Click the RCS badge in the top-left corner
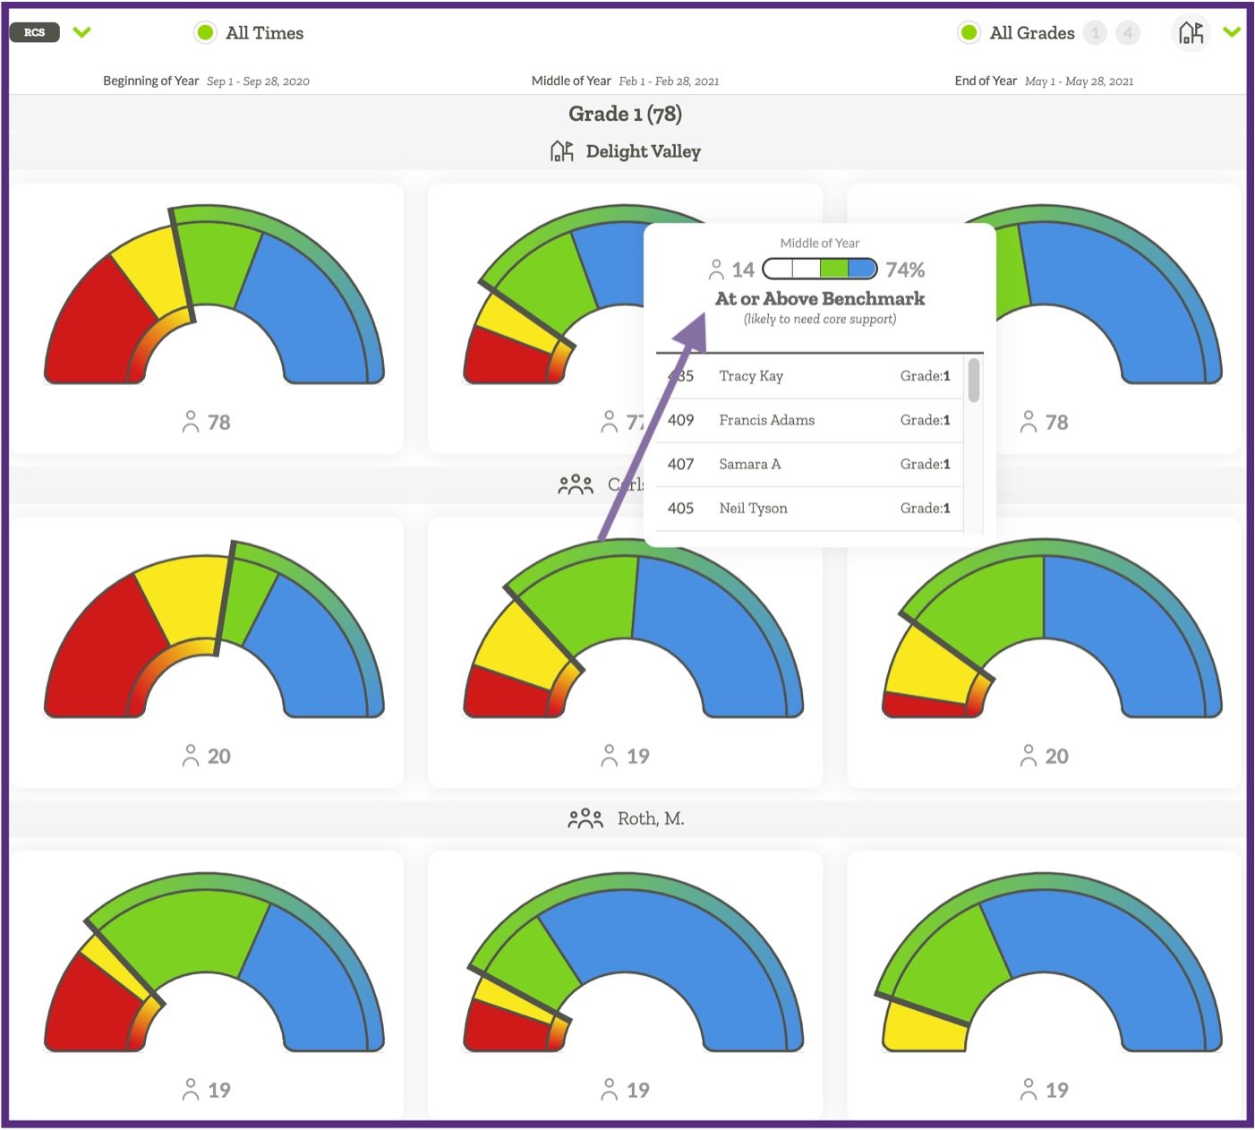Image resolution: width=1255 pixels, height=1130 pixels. pos(34,32)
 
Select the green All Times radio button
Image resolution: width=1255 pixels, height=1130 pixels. pos(205,32)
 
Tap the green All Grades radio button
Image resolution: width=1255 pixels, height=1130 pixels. pos(969,33)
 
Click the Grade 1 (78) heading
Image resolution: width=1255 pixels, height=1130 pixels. pos(625,114)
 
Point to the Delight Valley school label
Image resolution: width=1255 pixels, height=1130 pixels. pos(642,151)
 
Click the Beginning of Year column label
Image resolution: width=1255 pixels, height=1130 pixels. pos(150,81)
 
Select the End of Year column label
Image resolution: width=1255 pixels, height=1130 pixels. pos(986,81)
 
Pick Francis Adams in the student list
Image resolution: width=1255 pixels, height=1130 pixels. pos(766,420)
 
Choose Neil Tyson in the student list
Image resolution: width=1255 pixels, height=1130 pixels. pos(753,508)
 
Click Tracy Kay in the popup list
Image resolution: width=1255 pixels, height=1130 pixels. pos(751,376)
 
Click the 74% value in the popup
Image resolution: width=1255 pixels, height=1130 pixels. pos(905,270)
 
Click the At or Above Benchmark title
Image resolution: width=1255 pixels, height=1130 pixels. pos(820,299)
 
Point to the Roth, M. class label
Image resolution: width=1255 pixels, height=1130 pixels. pos(650,818)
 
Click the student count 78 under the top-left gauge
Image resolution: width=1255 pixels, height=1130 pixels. pos(218,422)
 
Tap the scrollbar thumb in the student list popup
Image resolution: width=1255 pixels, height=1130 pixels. pos(973,381)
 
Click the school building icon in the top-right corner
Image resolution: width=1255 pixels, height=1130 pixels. pos(1191,33)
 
